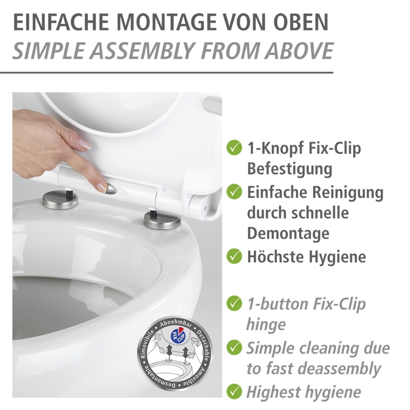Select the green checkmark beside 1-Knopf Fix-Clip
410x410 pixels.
pos(234,148)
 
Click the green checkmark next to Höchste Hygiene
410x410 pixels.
pos(234,256)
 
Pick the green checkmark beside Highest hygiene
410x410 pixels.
pos(234,392)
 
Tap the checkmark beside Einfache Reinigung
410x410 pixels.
pos(234,192)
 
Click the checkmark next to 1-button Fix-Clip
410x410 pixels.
pos(234,303)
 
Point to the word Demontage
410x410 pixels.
pos(288,234)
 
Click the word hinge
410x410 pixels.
pos(266,325)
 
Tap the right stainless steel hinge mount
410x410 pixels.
pos(162,220)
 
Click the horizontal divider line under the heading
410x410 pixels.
pos(167,73)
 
